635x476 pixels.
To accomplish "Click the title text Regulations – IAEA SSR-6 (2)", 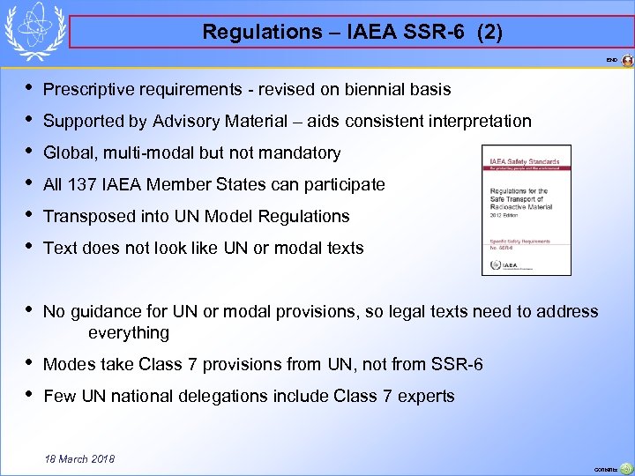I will pyautogui.click(x=353, y=33).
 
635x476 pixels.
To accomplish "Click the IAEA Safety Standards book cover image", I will pyautogui.click(x=526, y=210).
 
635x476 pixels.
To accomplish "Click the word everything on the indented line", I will pyautogui.click(x=129, y=332).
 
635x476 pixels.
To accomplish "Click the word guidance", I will pyautogui.click(x=109, y=311).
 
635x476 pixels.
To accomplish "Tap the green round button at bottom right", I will pyautogui.click(x=625, y=468).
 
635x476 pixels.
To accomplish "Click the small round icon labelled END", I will pyautogui.click(x=627, y=61).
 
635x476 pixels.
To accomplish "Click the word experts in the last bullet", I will pyautogui.click(x=426, y=396).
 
